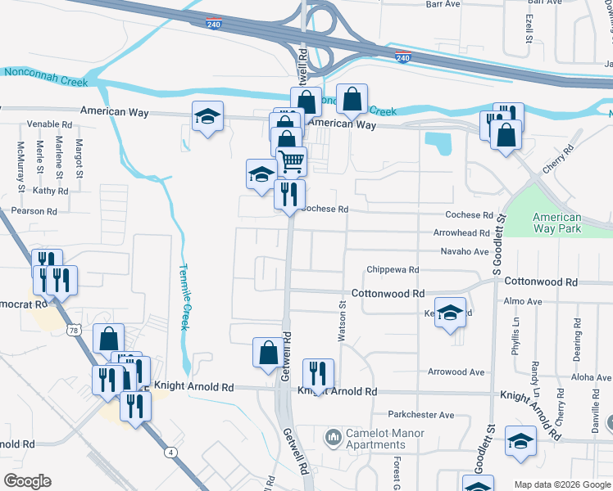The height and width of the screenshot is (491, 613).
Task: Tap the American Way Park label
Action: pos(556,223)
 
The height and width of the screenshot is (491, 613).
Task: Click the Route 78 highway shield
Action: pos(74,330)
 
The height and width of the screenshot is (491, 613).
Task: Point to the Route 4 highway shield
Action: pos(170,452)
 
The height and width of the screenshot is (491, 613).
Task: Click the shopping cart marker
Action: pos(291,160)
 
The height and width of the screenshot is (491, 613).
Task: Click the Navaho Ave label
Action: pos(464,251)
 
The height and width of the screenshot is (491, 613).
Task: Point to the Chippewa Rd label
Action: pos(393,269)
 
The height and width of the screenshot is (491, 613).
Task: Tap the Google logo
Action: pos(27,481)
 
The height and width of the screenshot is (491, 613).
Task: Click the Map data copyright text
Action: pos(562,484)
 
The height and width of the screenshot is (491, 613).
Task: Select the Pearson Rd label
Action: pos(34,211)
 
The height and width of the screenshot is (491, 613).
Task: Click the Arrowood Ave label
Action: pos(456,372)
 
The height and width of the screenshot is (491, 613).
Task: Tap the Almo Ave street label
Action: pos(524,302)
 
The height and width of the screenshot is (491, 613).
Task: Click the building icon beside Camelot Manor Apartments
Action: pos(333,439)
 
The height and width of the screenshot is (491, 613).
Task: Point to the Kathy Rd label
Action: pos(50,191)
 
